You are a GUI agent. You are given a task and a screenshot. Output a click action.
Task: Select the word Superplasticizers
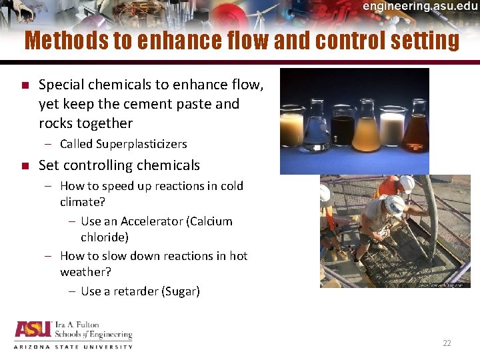coord(141,144)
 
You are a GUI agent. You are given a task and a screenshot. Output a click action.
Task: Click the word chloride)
coord(105,237)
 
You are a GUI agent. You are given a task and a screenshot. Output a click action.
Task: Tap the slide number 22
coord(447,343)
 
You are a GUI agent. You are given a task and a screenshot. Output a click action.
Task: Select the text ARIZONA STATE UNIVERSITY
coord(73,347)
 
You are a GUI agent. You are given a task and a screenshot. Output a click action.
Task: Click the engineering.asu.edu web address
coord(420,6)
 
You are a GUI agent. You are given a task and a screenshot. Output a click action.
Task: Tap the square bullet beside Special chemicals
coord(24,85)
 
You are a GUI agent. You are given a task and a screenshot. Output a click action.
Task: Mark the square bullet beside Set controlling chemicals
coord(24,165)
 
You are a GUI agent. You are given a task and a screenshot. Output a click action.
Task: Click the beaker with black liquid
coord(344,130)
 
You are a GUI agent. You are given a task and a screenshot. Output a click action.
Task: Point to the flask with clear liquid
coord(316,130)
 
